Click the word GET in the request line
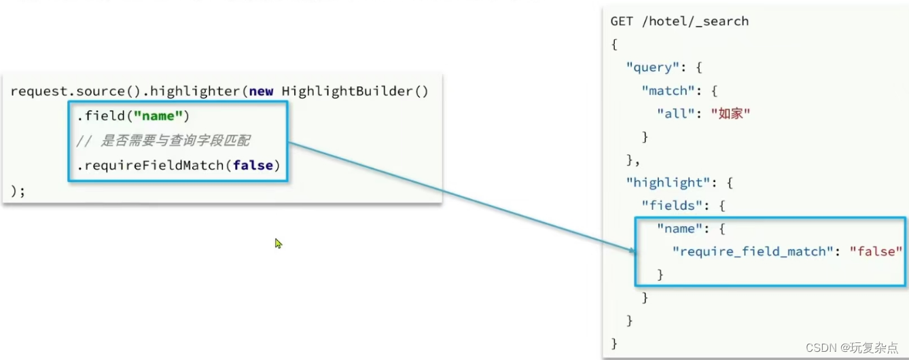622,21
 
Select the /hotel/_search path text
694,21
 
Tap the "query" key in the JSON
653,67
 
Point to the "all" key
676,113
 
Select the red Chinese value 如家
730,113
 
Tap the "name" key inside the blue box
680,228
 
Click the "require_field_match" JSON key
752,251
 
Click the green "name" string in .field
158,116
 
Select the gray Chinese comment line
163,141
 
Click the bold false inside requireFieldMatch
253,165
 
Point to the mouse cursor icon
278,242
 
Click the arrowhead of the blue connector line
632,251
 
